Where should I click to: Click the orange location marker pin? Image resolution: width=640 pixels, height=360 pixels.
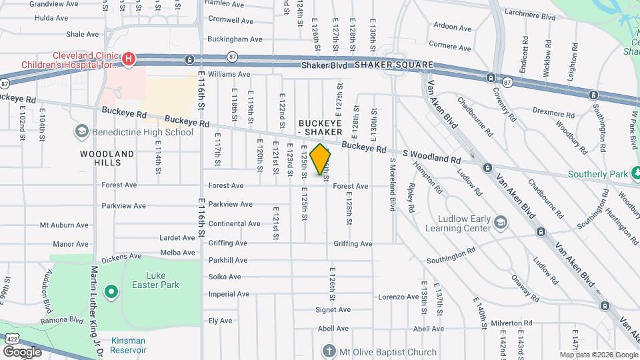[321, 159]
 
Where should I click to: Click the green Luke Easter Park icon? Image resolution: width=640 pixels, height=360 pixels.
[111, 292]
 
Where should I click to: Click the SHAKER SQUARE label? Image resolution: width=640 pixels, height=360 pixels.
[393, 65]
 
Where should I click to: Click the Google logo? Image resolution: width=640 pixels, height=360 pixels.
[23, 352]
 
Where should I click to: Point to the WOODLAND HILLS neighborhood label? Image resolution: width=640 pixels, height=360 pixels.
[107, 158]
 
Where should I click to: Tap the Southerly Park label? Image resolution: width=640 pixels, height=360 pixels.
[598, 175]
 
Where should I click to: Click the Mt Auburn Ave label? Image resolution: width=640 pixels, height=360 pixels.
[64, 225]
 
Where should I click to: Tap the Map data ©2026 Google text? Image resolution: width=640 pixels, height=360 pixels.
[597, 355]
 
